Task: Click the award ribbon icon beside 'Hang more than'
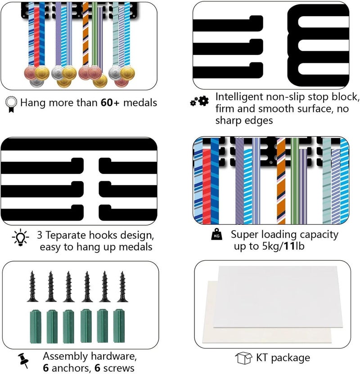pyautogui.click(x=11, y=104)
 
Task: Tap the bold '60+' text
pyautogui.click(x=110, y=102)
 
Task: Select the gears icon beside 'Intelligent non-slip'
pyautogui.click(x=199, y=101)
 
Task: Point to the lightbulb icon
pyautogui.click(x=21, y=237)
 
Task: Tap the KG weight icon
pyautogui.click(x=217, y=235)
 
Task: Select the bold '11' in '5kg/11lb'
pyautogui.click(x=289, y=246)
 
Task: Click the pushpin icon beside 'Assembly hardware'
pyautogui.click(x=23, y=360)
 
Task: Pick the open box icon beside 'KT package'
pyautogui.click(x=244, y=358)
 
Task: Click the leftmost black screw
pyautogui.click(x=32, y=286)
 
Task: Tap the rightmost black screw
pyautogui.click(x=122, y=286)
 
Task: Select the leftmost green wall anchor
pyautogui.click(x=36, y=326)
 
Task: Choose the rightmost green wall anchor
pyautogui.click(x=119, y=326)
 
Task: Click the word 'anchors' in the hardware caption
pyautogui.click(x=72, y=368)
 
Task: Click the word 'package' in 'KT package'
pyautogui.click(x=291, y=358)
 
